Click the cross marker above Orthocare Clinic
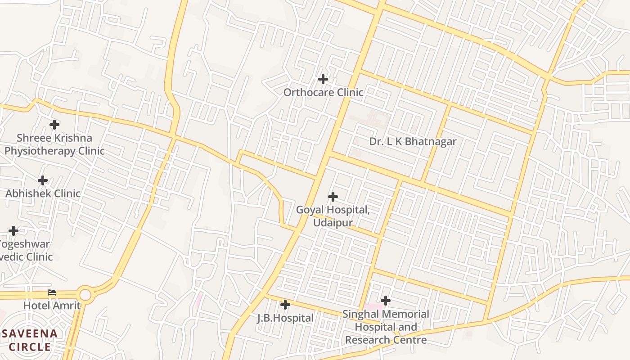tap(323, 79)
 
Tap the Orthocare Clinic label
tap(323, 92)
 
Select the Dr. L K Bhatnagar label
tap(413, 141)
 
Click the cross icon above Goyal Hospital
tap(333, 197)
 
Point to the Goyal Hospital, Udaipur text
tap(333, 216)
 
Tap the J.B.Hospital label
tap(285, 318)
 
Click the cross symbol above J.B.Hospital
tap(285, 305)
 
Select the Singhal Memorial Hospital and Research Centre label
tap(386, 327)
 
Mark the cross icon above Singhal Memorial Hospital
tap(386, 301)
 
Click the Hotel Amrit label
tap(52, 306)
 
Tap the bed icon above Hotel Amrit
tap(52, 292)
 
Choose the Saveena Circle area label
tap(30, 340)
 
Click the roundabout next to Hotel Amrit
tap(85, 295)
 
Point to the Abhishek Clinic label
tap(43, 193)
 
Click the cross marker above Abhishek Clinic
tap(43, 180)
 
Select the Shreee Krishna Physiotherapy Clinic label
tap(54, 144)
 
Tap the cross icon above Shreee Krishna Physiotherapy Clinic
tap(54, 124)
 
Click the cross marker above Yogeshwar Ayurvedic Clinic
tap(13, 231)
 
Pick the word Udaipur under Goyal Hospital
tap(333, 223)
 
